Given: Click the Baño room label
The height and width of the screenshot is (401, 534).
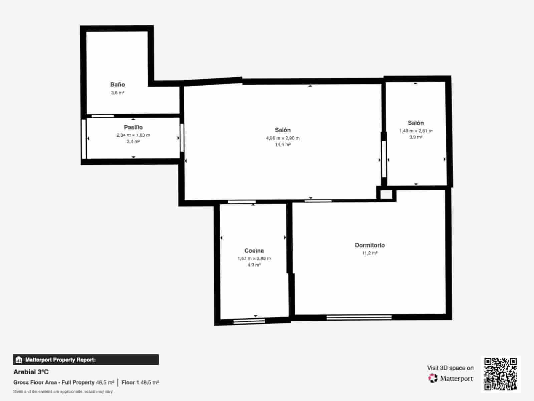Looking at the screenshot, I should (x=117, y=85).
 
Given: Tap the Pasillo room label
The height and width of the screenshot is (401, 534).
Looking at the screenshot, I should (x=133, y=127).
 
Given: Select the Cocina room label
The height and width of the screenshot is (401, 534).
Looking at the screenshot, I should (x=254, y=251).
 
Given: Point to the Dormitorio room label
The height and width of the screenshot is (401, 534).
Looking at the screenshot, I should (x=369, y=245).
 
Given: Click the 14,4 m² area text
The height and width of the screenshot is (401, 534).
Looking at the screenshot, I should (x=283, y=145).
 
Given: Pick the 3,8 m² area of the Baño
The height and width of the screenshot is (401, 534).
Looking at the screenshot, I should (x=117, y=93).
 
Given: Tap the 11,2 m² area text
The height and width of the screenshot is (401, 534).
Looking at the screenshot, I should (x=370, y=253).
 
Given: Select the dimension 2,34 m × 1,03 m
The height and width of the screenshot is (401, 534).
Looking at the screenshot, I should (x=133, y=135).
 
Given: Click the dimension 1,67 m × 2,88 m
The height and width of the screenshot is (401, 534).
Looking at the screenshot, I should (x=254, y=258).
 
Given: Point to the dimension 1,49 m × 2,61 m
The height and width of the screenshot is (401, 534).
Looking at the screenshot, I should (x=416, y=131).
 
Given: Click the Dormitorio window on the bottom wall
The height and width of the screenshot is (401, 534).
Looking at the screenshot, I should (x=359, y=317).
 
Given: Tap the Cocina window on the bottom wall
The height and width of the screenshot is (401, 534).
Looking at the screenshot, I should (x=249, y=321).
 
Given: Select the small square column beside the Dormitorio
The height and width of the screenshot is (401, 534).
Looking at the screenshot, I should (x=386, y=194).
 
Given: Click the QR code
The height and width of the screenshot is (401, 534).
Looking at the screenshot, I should (x=500, y=374).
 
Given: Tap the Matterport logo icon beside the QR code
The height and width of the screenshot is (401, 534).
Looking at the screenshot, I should (x=433, y=378).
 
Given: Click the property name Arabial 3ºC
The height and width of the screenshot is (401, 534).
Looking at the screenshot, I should (x=31, y=372).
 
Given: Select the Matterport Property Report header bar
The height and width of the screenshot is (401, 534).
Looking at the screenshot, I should (x=86, y=360).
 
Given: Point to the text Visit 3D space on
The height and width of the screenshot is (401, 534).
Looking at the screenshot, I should (x=450, y=368).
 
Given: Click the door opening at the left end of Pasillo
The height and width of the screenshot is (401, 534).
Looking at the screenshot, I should (x=84, y=139).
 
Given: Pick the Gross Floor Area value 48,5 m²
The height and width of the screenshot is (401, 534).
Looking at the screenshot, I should (x=105, y=382).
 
